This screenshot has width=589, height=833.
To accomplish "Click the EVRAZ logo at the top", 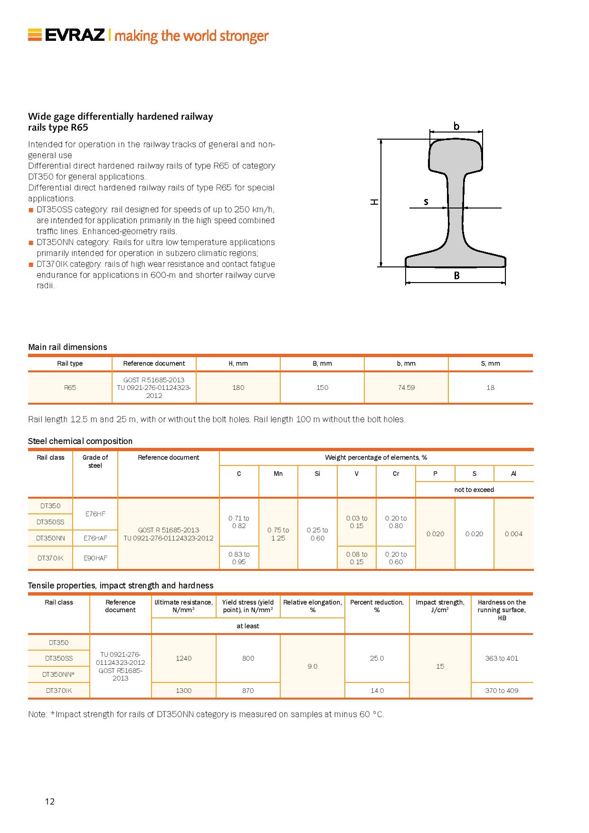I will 66,36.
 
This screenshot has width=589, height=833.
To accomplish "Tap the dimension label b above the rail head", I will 456,126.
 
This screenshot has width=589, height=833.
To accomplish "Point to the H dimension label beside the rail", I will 375,202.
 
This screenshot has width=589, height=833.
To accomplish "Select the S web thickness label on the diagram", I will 426,202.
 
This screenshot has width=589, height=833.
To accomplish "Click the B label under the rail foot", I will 456,275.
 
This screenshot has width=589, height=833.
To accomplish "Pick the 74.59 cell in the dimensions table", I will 406,388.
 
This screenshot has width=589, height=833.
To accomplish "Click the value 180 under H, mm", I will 238,388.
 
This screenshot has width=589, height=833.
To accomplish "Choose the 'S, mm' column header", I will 490,363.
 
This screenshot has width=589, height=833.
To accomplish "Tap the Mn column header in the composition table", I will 278,473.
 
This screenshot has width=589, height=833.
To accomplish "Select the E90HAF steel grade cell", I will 95,558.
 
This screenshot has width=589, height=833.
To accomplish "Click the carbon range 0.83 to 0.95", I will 238,558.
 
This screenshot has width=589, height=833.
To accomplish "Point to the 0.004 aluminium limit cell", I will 513,534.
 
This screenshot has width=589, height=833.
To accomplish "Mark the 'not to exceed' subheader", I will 474,490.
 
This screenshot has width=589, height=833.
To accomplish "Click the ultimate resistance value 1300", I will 183,691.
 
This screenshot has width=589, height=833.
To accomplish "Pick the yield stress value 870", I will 248,691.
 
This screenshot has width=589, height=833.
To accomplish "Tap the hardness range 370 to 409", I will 502,691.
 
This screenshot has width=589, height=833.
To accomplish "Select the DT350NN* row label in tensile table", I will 58,674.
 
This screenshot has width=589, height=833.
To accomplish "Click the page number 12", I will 50,802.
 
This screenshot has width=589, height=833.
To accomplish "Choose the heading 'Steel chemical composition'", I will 80,441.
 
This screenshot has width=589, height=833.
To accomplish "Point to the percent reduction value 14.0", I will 377,691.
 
